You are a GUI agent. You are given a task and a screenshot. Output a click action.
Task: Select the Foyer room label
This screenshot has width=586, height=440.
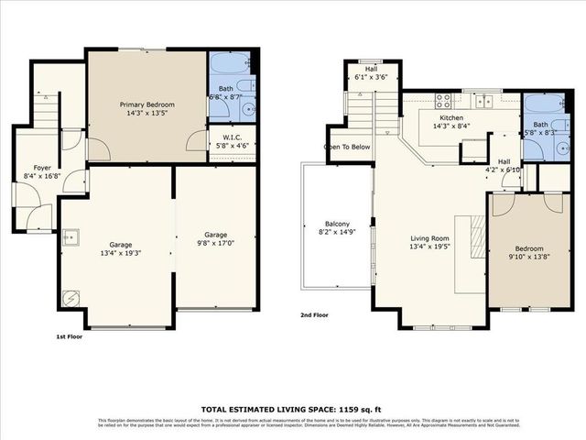click(x=42, y=171)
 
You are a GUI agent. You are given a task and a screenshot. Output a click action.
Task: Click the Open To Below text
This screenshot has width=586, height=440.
click(x=347, y=147)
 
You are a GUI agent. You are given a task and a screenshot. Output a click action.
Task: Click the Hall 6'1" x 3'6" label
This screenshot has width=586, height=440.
click(x=371, y=72)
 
